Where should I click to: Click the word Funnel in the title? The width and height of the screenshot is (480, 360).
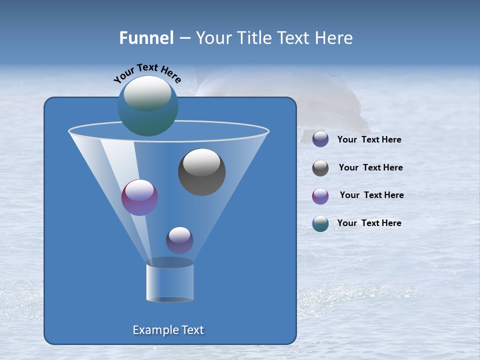pos(146,37)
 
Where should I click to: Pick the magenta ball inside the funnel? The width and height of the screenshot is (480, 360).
pos(139,198)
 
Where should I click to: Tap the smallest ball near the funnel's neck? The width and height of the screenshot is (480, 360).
pos(179,240)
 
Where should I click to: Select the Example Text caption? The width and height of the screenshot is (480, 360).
pos(168,330)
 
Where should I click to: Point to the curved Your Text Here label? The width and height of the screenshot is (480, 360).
pos(147,73)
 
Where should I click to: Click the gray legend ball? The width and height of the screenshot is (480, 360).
pos(320,168)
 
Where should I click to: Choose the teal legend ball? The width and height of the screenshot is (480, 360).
pos(320,223)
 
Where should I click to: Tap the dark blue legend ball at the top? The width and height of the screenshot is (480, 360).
pos(320,139)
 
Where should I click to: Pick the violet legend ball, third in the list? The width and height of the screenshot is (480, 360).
pos(320,196)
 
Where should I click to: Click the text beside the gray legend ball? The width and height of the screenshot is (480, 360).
pos(370,167)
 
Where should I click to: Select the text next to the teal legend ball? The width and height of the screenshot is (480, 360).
pos(369,223)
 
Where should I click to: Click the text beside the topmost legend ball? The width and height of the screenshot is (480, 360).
pos(369,139)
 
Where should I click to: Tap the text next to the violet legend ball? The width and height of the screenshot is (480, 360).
pos(371,195)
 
